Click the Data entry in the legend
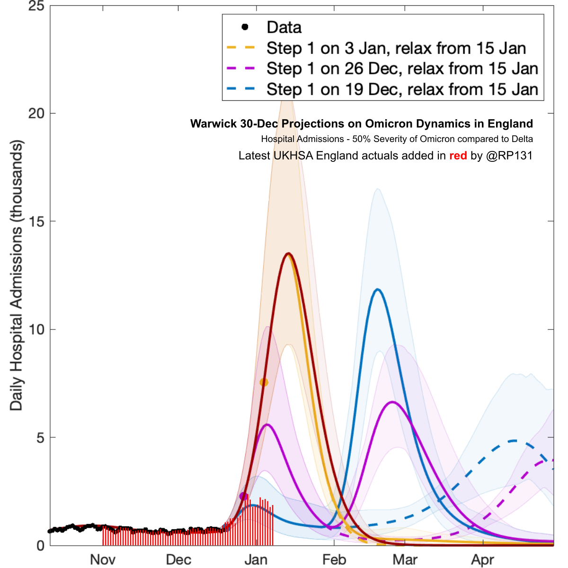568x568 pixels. click(284, 27)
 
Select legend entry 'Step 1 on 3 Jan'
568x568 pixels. click(396, 48)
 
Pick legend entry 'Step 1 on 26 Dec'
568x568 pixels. click(402, 69)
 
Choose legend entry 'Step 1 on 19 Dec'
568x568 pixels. click(402, 89)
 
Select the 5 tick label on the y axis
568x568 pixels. click(40, 437)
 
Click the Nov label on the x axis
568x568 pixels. click(103, 559)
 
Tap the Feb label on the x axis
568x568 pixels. click(334, 559)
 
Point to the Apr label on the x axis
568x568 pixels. click(483, 559)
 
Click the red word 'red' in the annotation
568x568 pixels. click(458, 156)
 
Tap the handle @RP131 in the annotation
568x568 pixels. click(509, 156)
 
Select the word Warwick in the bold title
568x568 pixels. click(212, 124)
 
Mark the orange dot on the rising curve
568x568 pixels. click(264, 382)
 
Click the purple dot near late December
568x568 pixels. click(244, 496)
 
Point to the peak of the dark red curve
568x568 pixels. click(288, 254)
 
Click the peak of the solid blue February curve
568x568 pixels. click(377, 289)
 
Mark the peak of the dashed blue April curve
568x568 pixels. click(515, 441)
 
